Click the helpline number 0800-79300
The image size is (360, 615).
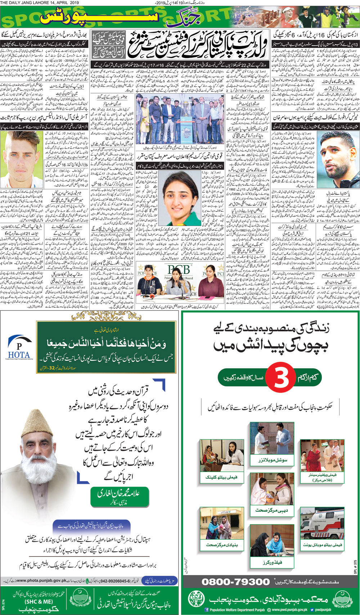pyautogui.click(x=235, y=581)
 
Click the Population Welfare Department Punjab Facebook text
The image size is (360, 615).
pyautogui.click(x=237, y=610)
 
